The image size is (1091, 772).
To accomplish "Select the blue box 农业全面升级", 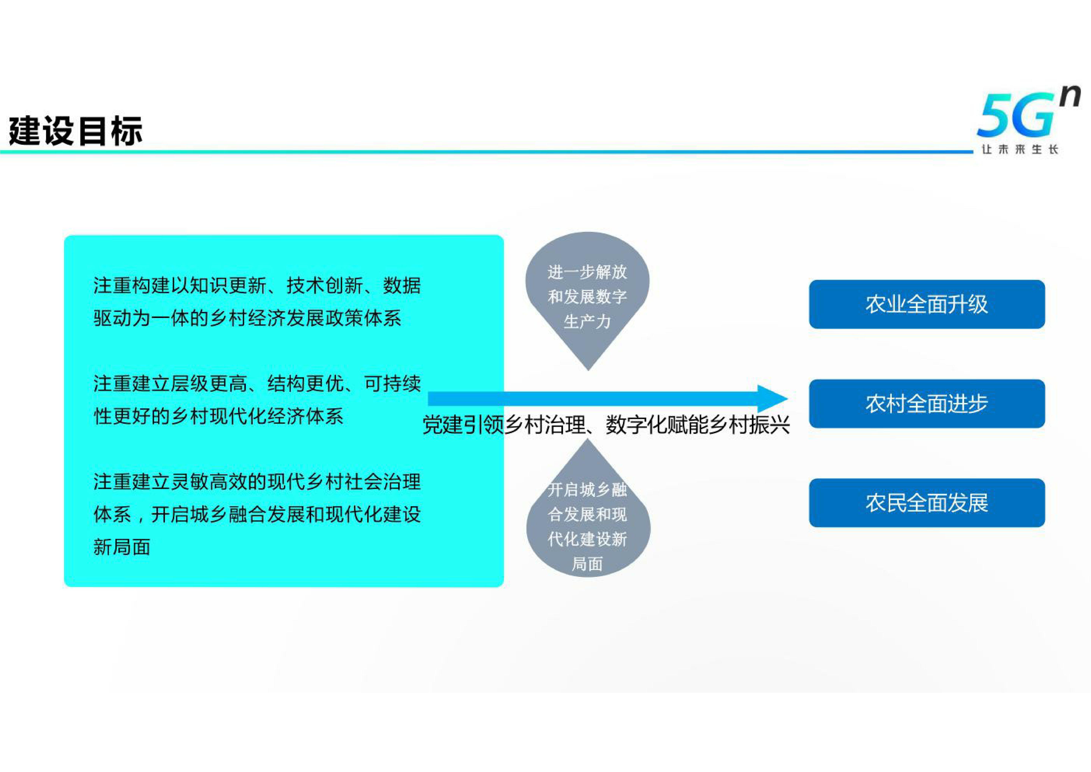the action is coord(926,304).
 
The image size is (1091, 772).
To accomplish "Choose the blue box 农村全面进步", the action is coord(926,404).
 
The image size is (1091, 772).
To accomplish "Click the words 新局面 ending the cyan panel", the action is coord(122,547).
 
